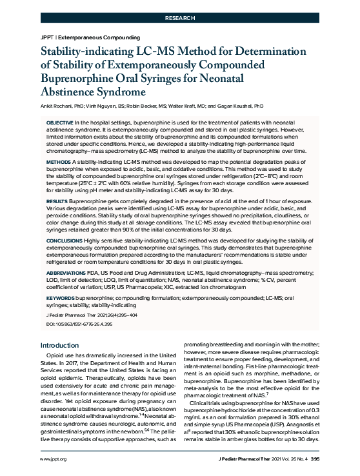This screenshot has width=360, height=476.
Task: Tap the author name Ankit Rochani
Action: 60,106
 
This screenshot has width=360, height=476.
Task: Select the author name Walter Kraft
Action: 194,106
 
